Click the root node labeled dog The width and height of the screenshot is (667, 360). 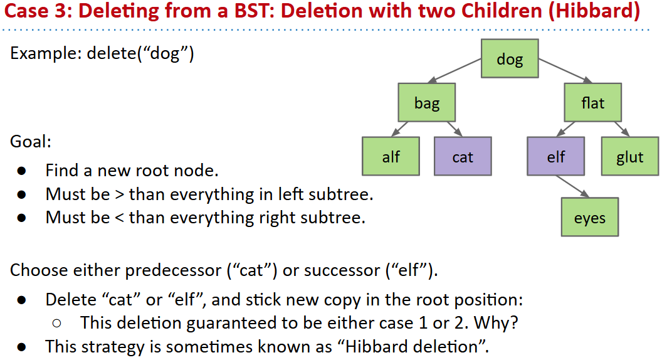click(510, 59)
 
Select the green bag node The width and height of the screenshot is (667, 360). click(427, 103)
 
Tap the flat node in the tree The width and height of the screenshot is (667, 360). click(592, 103)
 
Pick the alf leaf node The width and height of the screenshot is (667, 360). click(391, 156)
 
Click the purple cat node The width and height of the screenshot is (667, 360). click(463, 156)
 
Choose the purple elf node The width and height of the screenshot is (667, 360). click(555, 156)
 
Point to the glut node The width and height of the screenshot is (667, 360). click(630, 156)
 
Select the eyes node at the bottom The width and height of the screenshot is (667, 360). click(589, 217)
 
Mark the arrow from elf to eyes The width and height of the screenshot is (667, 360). click(572, 186)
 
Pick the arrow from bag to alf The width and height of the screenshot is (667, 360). click(400, 129)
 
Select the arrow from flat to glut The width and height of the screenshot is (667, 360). click(622, 129)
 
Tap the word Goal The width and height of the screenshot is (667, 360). click(31, 141)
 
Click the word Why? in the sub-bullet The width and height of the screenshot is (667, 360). click(496, 323)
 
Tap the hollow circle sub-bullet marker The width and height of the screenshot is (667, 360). click(56, 324)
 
